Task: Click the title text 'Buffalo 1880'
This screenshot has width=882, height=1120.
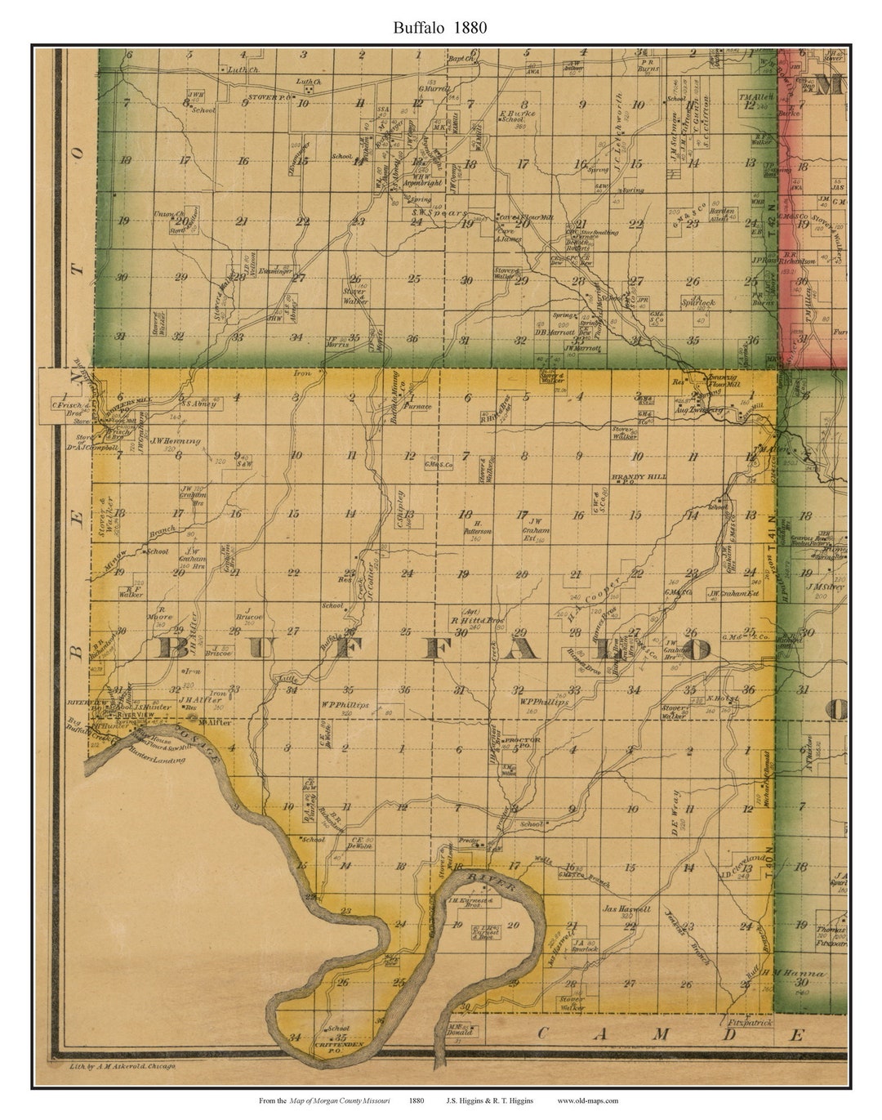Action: (x=440, y=27)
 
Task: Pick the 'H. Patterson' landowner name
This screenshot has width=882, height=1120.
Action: (x=477, y=527)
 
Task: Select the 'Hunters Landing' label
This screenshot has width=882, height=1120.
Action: (x=157, y=759)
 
